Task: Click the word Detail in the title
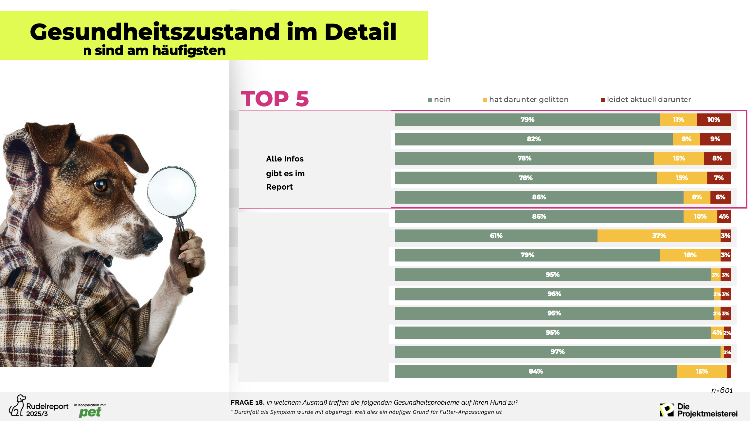[x=360, y=32]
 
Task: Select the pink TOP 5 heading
[x=275, y=99]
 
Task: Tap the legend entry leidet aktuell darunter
[x=646, y=100]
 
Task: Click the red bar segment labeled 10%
[x=713, y=120]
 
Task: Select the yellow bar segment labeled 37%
[x=659, y=236]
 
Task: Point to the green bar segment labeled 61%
[x=496, y=236]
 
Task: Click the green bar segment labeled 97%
[x=557, y=352]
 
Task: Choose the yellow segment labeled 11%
[x=678, y=120]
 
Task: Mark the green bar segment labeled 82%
[x=533, y=139]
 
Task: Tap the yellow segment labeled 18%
[x=690, y=255]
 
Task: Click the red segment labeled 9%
[x=715, y=139]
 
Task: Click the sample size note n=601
[x=722, y=391]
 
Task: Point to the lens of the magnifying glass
[x=171, y=191]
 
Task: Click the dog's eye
[x=100, y=185]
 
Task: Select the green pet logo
[x=90, y=412]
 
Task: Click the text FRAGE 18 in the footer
[x=247, y=402]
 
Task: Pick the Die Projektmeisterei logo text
[x=707, y=410]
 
